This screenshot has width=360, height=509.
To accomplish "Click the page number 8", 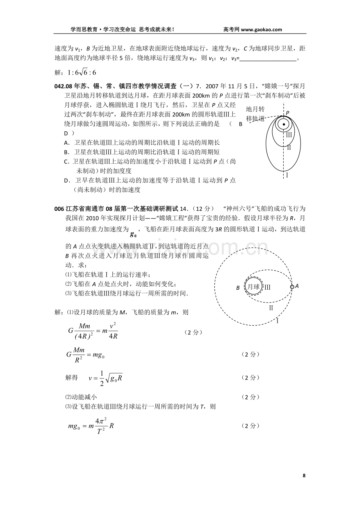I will click(304, 475).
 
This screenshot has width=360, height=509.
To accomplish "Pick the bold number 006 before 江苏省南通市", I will click(59, 209).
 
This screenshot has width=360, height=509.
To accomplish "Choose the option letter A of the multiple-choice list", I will click(66, 143).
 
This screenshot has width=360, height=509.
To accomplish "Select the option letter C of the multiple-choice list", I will click(66, 161).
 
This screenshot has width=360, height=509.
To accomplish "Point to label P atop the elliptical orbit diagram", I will click(288, 113).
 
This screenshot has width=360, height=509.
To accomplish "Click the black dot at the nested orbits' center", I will click(284, 125).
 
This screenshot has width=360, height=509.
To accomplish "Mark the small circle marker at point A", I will click(292, 287).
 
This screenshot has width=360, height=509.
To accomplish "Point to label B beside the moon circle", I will click(238, 288).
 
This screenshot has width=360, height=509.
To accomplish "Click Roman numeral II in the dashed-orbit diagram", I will click(270, 308).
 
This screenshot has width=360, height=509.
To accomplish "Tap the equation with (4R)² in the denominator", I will click(93, 332).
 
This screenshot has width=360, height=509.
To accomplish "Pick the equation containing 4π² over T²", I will click(90, 427).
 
